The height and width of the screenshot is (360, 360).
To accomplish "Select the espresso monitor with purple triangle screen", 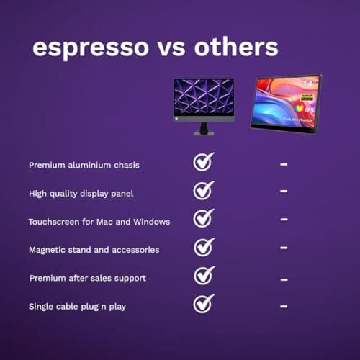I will (204, 100).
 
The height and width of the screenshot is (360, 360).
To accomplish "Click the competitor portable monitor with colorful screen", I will (286, 102).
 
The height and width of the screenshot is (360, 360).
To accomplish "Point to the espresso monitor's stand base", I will (204, 132).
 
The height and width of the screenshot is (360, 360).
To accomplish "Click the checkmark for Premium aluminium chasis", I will (204, 162).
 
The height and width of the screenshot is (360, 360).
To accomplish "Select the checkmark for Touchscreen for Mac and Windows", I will (204, 219).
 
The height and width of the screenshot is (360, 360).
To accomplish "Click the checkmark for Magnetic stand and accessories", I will (204, 247).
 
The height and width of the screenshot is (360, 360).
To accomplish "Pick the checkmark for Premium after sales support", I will (204, 275).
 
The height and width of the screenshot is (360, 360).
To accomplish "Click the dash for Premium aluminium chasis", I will (284, 165).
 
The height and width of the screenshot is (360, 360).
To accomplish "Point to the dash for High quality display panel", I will (284, 192).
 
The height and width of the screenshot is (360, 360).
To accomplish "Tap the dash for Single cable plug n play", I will (284, 306).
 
